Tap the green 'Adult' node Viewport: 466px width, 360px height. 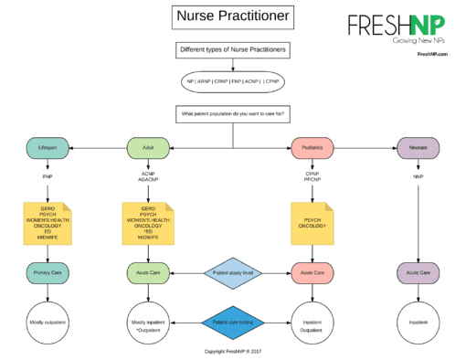147,146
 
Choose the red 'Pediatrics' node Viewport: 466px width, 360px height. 310,146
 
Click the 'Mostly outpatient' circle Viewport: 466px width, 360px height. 48,322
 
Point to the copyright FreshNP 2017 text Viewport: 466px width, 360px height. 232,350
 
